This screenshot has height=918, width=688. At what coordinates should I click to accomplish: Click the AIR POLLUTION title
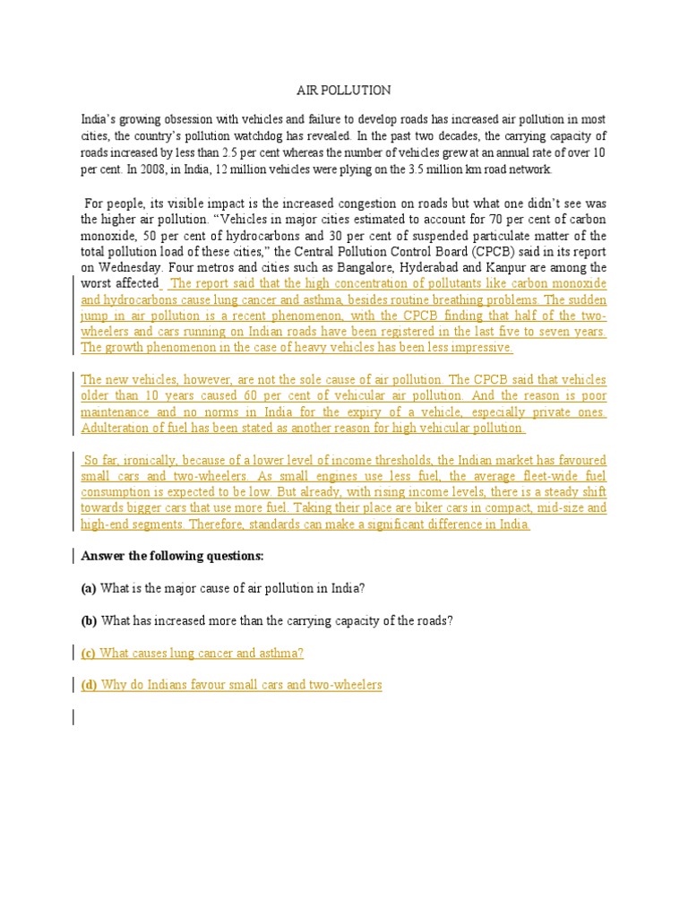pos(344,91)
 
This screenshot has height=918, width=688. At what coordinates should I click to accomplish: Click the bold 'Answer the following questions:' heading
pos(172,556)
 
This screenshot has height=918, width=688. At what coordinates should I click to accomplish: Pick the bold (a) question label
pos(89,588)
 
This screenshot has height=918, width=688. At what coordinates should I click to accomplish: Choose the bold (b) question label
pos(89,620)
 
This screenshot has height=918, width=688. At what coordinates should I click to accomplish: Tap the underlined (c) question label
pos(89,653)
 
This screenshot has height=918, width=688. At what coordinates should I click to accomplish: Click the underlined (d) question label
pos(89,685)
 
